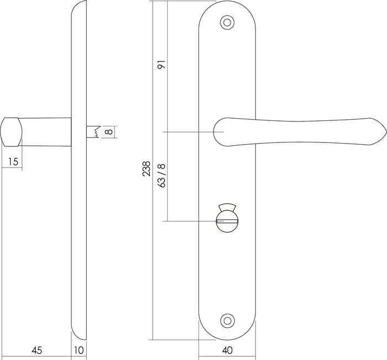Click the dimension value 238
click(x=145, y=168)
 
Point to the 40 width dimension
click(x=227, y=350)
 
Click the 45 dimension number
click(x=36, y=350)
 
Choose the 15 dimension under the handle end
click(x=13, y=161)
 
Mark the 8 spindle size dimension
click(x=108, y=132)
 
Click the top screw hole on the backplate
click(x=226, y=22)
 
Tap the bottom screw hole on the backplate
click(x=226, y=320)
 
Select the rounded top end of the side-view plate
click(x=79, y=14)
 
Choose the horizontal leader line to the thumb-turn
click(x=188, y=221)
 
